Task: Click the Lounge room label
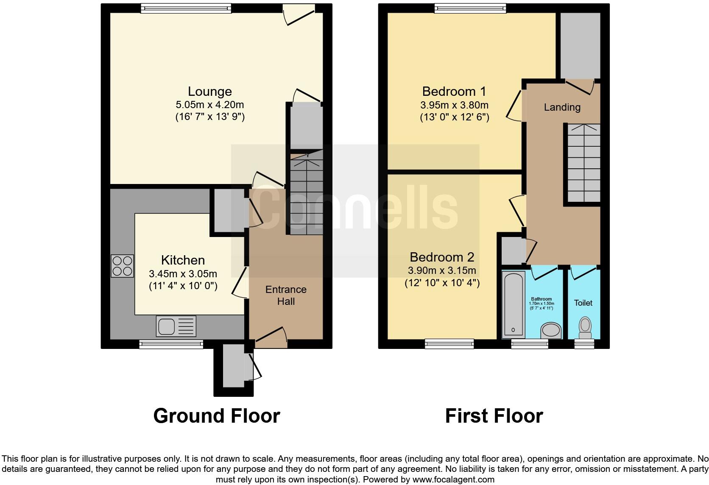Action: (209, 92)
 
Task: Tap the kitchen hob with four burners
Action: (123, 266)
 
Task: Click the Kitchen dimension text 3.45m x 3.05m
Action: (183, 274)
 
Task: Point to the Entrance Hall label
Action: (286, 295)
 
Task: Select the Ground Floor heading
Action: (216, 416)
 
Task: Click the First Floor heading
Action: (494, 416)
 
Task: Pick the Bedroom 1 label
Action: (454, 92)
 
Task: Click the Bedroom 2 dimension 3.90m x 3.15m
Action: (442, 270)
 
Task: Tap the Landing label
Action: (562, 107)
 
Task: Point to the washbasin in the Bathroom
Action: (551, 329)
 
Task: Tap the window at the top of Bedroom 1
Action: (470, 8)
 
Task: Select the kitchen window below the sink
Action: (171, 344)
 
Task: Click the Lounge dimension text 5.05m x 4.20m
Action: (210, 104)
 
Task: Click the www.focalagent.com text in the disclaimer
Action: (453, 480)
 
